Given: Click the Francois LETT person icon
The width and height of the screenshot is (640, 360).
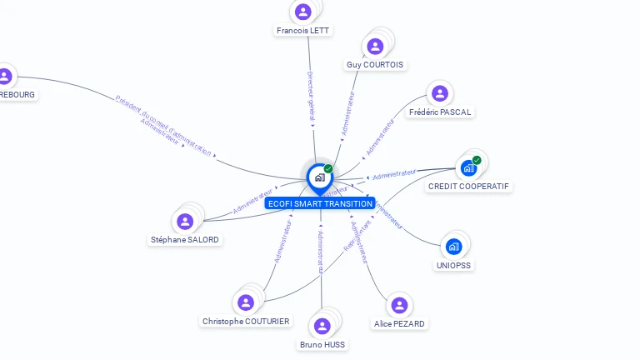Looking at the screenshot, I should tap(302, 12).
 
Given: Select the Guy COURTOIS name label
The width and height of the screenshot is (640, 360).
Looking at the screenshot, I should tap(374, 65).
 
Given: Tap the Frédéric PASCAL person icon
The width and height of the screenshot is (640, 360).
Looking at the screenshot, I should tap(440, 93).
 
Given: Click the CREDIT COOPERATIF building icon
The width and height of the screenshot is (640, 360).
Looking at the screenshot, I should tap(468, 167).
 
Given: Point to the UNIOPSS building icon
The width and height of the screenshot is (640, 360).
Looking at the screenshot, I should tap(453, 246).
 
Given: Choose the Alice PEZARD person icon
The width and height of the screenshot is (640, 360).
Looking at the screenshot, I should tap(399, 305).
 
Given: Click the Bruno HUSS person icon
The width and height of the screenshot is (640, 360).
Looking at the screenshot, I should tap(322, 326).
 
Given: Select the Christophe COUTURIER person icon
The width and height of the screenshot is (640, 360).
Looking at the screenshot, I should tap(246, 302).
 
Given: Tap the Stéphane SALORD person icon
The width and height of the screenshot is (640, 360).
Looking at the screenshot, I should tap(185, 221).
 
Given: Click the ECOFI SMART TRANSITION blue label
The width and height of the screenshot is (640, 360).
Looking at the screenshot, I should tap(320, 203).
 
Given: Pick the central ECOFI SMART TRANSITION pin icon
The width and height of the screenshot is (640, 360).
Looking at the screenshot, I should tap(319, 177).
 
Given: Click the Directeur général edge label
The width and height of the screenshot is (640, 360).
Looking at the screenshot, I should tap(310, 92).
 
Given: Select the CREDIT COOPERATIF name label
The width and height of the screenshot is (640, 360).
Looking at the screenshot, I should tap(469, 187).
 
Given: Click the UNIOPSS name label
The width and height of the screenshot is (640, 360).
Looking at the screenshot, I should tap(453, 265).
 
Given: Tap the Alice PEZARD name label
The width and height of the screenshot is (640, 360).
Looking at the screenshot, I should tap(399, 323).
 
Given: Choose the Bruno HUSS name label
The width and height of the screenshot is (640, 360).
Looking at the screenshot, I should tap(322, 344).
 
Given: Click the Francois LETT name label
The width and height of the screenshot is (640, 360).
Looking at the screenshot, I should tap(302, 31).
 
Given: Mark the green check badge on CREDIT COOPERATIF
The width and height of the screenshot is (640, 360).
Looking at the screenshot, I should tap(477, 160).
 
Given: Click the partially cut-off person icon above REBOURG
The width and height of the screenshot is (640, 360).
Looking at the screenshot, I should tap(5, 76).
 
